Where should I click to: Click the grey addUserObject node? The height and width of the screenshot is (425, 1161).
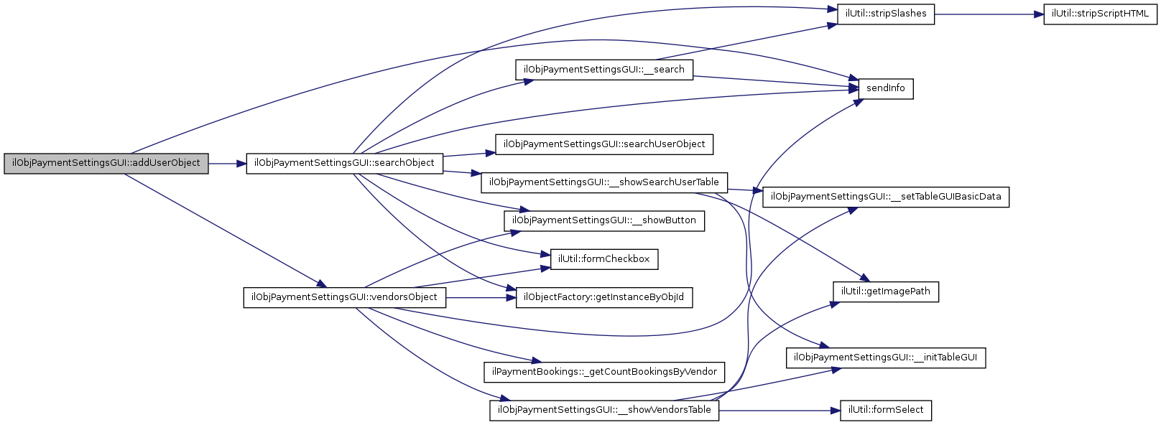pyautogui.click(x=106, y=163)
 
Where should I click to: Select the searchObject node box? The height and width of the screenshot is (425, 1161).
pyautogui.click(x=344, y=163)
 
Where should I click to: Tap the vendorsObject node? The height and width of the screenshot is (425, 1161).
pyautogui.click(x=344, y=297)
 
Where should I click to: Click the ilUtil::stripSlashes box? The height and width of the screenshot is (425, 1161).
pyautogui.click(x=886, y=14)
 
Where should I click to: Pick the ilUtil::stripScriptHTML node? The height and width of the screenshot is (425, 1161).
pyautogui.click(x=1100, y=14)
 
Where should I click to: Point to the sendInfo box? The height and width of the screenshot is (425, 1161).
pyautogui.click(x=885, y=88)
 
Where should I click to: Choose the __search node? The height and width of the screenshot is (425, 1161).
pyautogui.click(x=603, y=70)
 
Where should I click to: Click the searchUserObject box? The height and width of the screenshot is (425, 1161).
pyautogui.click(x=603, y=144)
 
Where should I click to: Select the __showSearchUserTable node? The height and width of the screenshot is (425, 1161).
pyautogui.click(x=603, y=182)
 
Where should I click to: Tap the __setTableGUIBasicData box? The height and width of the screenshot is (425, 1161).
pyautogui.click(x=885, y=197)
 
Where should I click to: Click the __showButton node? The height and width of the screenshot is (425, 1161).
pyautogui.click(x=603, y=220)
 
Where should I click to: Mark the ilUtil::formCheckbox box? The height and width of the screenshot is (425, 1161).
pyautogui.click(x=603, y=259)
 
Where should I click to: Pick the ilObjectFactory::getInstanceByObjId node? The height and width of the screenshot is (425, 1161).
pyautogui.click(x=603, y=297)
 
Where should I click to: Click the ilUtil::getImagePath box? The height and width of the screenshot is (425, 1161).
pyautogui.click(x=885, y=291)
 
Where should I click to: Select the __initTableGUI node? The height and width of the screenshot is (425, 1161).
pyautogui.click(x=885, y=358)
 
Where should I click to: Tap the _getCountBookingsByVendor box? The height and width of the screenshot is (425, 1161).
pyautogui.click(x=603, y=372)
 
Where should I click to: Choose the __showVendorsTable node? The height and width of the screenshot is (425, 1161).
pyautogui.click(x=603, y=410)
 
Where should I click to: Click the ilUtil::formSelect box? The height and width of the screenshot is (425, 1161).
pyautogui.click(x=885, y=410)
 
